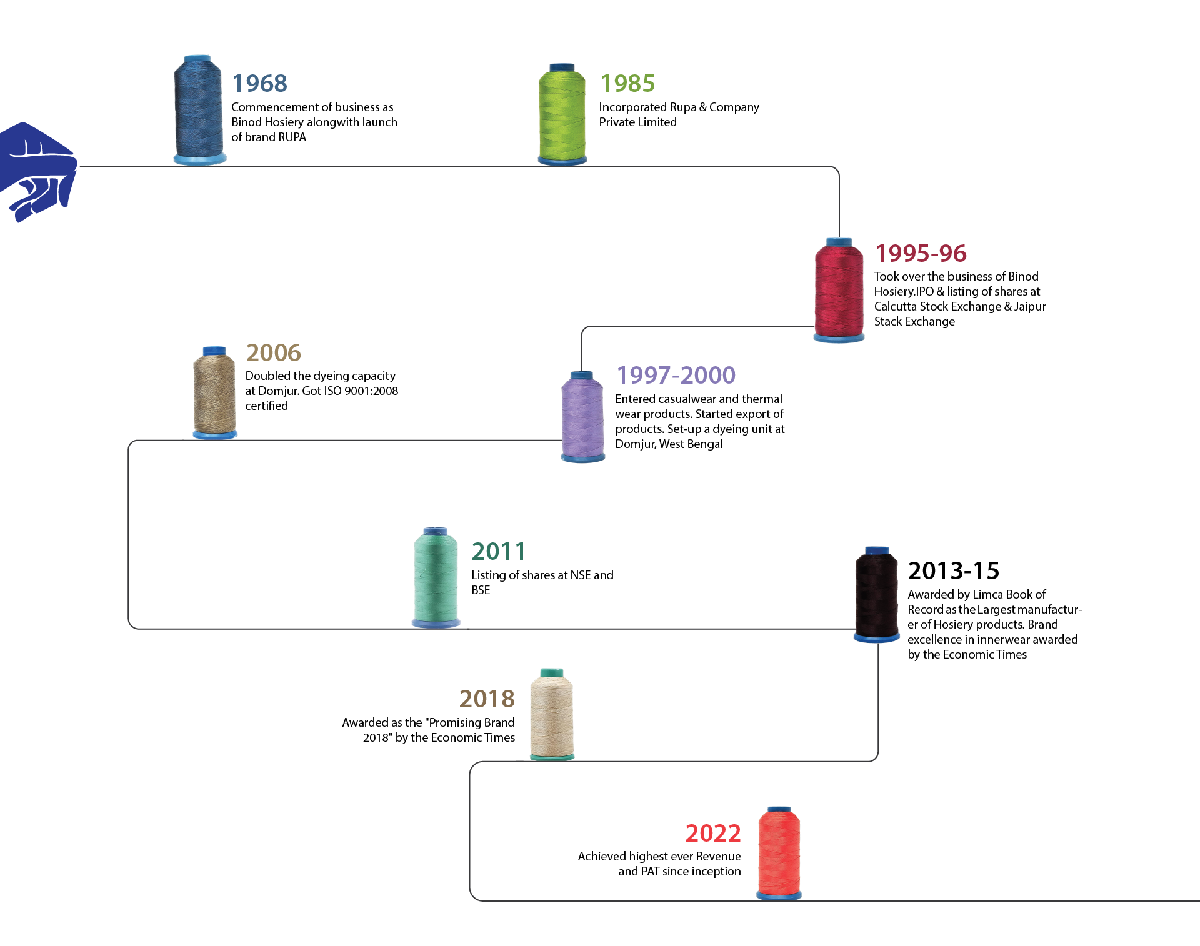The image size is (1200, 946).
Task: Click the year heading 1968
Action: [259, 83]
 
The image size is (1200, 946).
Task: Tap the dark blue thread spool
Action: [199, 109]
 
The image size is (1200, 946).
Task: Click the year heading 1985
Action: [627, 83]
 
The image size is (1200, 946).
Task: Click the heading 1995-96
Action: [920, 253]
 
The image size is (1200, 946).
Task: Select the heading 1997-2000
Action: [676, 375]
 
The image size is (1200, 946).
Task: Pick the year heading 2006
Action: [273, 352]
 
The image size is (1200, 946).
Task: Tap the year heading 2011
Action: [498, 551]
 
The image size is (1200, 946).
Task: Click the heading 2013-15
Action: [953, 570]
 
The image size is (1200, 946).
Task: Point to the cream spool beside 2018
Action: [551, 714]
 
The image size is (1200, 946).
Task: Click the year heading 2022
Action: [712, 833]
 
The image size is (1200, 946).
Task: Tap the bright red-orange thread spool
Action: [779, 854]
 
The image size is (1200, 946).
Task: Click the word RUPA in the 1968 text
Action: [292, 137]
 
